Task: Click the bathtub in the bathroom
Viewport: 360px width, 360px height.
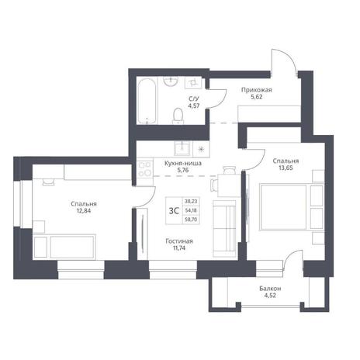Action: click(147, 101)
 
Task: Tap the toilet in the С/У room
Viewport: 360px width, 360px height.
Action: click(178, 116)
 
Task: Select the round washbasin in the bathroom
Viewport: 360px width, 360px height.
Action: click(171, 81)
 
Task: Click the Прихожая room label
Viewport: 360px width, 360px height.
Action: click(257, 90)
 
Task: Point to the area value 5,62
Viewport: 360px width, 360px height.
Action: click(256, 97)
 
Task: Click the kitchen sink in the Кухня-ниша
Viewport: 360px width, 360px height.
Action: click(183, 148)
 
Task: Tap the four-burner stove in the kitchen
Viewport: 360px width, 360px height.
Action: click(144, 169)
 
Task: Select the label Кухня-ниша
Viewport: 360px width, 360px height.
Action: click(183, 164)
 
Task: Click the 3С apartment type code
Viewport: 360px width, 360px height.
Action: click(174, 211)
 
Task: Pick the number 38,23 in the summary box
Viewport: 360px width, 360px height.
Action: click(191, 201)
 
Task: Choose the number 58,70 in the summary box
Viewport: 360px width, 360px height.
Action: click(191, 220)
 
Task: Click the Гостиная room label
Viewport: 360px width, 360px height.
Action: click(179, 241)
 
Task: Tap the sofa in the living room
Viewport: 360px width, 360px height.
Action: click(224, 229)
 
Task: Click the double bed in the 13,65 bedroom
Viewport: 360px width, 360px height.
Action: click(292, 207)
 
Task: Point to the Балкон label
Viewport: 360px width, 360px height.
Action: click(270, 289)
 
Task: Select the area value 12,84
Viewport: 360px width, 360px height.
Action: click(84, 210)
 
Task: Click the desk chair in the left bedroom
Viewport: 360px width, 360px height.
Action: click(48, 182)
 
